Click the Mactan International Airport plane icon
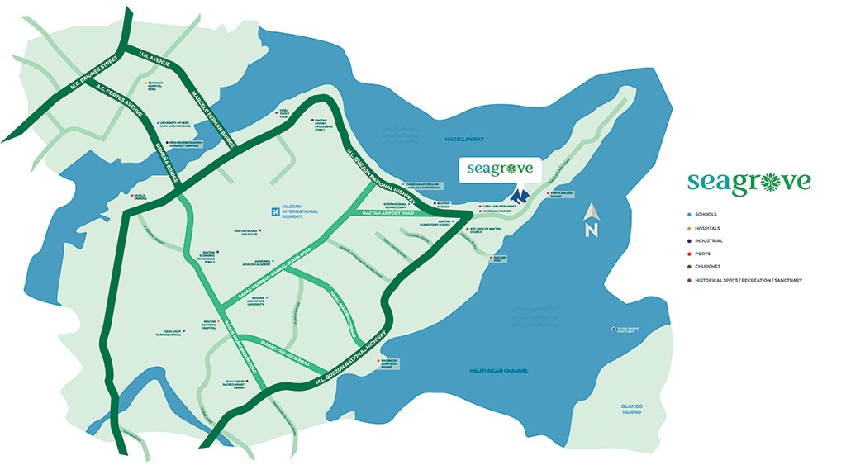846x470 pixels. click(x=275, y=212)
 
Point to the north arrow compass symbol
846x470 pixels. click(x=591, y=222)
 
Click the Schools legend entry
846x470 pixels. click(x=706, y=215)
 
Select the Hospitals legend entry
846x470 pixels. click(x=707, y=228)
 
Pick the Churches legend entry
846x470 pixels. click(x=707, y=267)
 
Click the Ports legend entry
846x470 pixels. click(x=704, y=254)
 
